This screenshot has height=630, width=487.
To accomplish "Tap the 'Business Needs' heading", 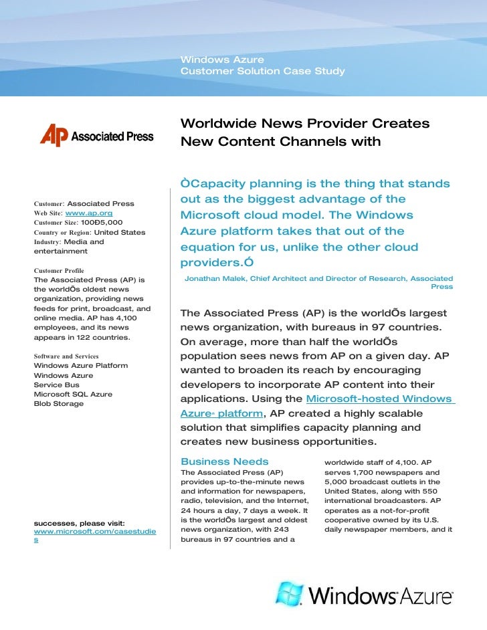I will point(224,461).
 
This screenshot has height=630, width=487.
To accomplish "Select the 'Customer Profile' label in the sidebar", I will point(59,270).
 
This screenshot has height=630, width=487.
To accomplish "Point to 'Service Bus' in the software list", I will point(56,385).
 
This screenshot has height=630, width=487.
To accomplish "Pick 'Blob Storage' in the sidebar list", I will point(58,404).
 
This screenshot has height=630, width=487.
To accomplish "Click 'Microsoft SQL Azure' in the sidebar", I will point(72,395).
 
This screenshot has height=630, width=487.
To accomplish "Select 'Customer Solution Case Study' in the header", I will point(262,71).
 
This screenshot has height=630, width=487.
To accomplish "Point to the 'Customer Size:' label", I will point(56,222).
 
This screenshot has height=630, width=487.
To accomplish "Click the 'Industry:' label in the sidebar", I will point(47,241).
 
